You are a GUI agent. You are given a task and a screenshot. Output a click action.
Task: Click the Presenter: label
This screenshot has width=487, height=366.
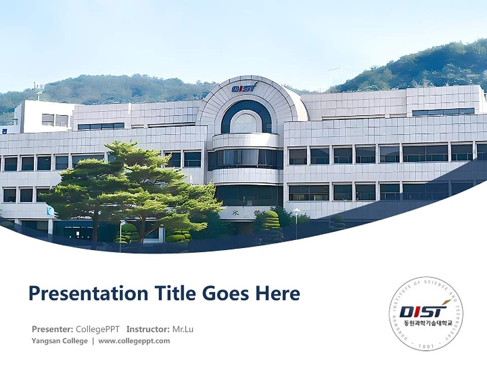coord(52,329)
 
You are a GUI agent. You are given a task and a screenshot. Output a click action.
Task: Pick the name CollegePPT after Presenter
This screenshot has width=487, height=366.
coord(98,329)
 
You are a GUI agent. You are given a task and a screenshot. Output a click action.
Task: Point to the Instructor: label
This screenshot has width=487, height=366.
coord(148,329)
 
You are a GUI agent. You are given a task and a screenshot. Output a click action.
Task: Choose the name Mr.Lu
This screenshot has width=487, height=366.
coord(183,329)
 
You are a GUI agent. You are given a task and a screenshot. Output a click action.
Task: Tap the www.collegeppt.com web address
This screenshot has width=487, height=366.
coord(134,341)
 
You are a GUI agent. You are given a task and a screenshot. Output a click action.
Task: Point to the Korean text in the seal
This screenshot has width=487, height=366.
coord(426,323)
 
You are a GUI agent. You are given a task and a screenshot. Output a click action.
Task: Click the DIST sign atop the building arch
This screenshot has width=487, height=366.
coord(244,88)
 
